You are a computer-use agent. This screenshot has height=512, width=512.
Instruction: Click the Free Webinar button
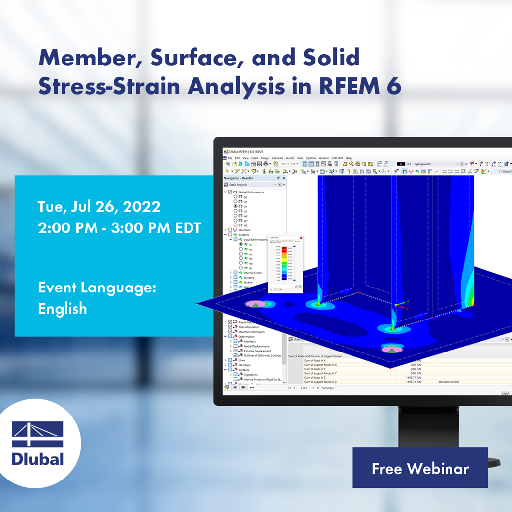[x=420, y=468]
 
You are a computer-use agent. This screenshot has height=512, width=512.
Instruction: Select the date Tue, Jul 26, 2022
[x=98, y=206]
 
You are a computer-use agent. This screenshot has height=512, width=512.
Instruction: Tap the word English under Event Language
[x=63, y=309]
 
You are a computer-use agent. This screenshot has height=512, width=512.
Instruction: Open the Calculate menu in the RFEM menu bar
[x=277, y=158]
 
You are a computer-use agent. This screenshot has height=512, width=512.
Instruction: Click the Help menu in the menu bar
[x=349, y=158]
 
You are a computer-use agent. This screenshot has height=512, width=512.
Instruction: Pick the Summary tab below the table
[x=328, y=388]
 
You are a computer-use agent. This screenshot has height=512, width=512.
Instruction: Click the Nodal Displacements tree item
[x=256, y=346]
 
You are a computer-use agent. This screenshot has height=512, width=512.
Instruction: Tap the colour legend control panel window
[x=285, y=263]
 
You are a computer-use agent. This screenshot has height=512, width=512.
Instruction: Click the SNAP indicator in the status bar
[x=505, y=393]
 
